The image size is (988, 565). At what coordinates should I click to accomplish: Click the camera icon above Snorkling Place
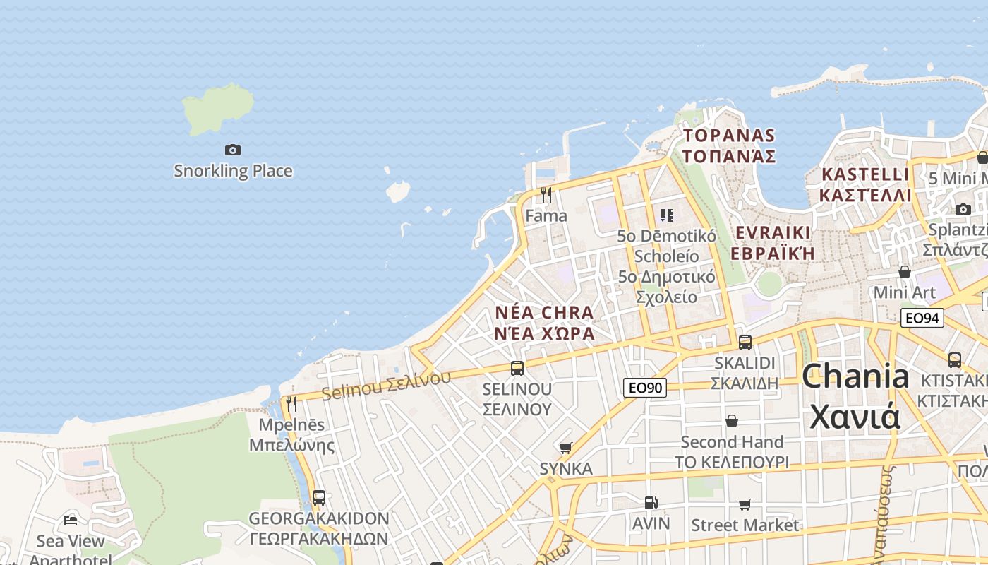pyautogui.click(x=233, y=150)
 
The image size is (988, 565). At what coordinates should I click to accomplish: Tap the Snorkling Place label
pyautogui.click(x=233, y=171)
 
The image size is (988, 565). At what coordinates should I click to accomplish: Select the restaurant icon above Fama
pyautogui.click(x=546, y=194)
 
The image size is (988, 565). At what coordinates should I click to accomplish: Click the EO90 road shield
pyautogui.click(x=645, y=387)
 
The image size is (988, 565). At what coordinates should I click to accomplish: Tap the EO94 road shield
pyautogui.click(x=922, y=318)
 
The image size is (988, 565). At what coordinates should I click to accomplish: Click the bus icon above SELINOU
pyautogui.click(x=517, y=368)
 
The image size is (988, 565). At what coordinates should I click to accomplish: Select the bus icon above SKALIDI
pyautogui.click(x=745, y=343)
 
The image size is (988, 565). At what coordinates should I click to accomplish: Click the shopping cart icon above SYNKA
pyautogui.click(x=565, y=448)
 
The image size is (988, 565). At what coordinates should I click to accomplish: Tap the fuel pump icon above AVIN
pyautogui.click(x=651, y=503)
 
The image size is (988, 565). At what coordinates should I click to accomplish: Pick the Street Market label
pyautogui.click(x=745, y=525)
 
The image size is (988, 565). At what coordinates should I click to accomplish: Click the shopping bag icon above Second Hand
pyautogui.click(x=732, y=421)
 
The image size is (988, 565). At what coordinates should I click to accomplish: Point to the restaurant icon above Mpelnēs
pyautogui.click(x=291, y=403)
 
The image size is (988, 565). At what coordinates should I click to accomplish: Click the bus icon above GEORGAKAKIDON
pyautogui.click(x=319, y=497)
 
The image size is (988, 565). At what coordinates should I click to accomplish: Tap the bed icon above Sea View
pyautogui.click(x=71, y=521)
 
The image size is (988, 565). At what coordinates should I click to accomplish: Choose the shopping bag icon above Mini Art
pyautogui.click(x=904, y=272)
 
